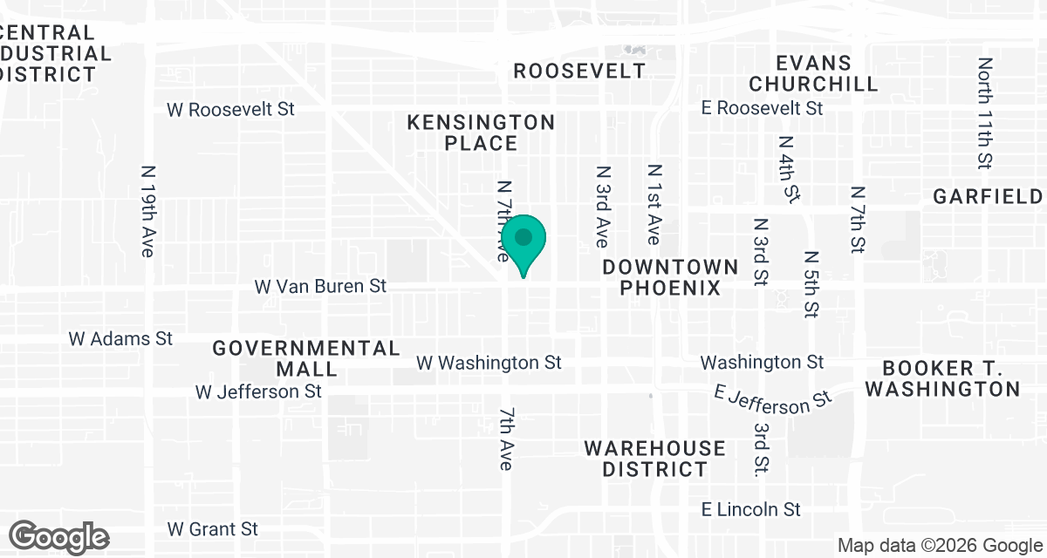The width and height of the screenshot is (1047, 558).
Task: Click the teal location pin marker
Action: click(523, 241)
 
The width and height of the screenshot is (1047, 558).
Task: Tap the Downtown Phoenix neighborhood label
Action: click(670, 277)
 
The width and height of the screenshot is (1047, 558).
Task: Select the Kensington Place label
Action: click(481, 133)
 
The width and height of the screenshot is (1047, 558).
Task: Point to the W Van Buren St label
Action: click(320, 286)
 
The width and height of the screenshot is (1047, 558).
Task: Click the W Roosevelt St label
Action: click(230, 110)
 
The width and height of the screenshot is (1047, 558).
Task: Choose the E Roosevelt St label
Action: click(763, 108)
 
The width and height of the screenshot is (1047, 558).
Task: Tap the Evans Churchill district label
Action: click(813, 73)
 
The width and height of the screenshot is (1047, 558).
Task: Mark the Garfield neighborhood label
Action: click(987, 196)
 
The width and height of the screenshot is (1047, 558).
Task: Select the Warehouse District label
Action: click(654, 459)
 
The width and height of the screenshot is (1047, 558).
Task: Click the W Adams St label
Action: click(121, 338)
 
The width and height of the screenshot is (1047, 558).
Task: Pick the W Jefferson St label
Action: click(258, 391)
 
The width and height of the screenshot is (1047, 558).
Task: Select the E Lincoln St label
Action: click(751, 509)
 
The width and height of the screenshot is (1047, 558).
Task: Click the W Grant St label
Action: click(213, 529)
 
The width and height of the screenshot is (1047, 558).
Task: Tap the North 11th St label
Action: click(986, 113)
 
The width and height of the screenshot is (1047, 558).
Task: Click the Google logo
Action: click(59, 536)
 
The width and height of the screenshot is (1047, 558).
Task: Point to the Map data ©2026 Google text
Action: click(939, 546)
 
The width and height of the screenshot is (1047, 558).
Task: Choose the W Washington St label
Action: click(489, 362)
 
